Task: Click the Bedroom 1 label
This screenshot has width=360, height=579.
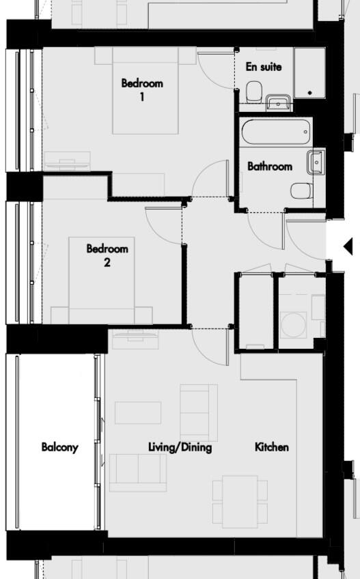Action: click(x=142, y=89)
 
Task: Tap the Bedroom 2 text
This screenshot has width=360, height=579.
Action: click(x=107, y=255)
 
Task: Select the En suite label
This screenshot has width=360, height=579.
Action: click(x=263, y=67)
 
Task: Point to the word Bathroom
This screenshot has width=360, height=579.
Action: click(x=269, y=166)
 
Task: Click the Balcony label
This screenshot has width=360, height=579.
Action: click(x=59, y=447)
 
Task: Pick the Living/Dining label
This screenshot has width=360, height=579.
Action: click(x=180, y=447)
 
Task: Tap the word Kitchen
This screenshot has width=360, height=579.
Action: click(x=271, y=447)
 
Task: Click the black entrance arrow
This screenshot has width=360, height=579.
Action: click(x=347, y=246)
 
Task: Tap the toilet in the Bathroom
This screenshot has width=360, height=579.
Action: click(x=301, y=190)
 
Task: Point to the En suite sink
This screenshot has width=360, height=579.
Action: click(x=278, y=103)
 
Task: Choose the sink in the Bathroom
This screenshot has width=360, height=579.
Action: click(x=316, y=163)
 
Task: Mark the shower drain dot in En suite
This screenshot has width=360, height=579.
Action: click(x=310, y=92)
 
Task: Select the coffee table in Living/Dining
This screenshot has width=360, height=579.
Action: click(x=138, y=412)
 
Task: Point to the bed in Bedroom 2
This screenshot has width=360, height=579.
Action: click(x=102, y=280)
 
